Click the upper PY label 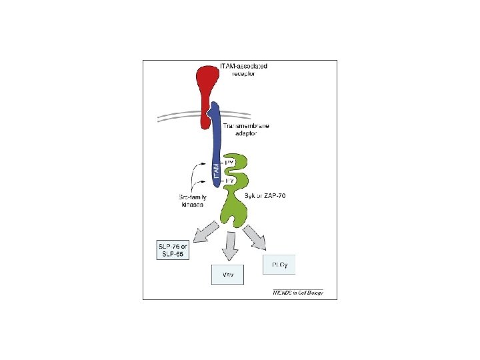[x=229, y=163]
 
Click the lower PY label [x=229, y=181]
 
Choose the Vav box [x=227, y=275]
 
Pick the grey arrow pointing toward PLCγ [x=255, y=237]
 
